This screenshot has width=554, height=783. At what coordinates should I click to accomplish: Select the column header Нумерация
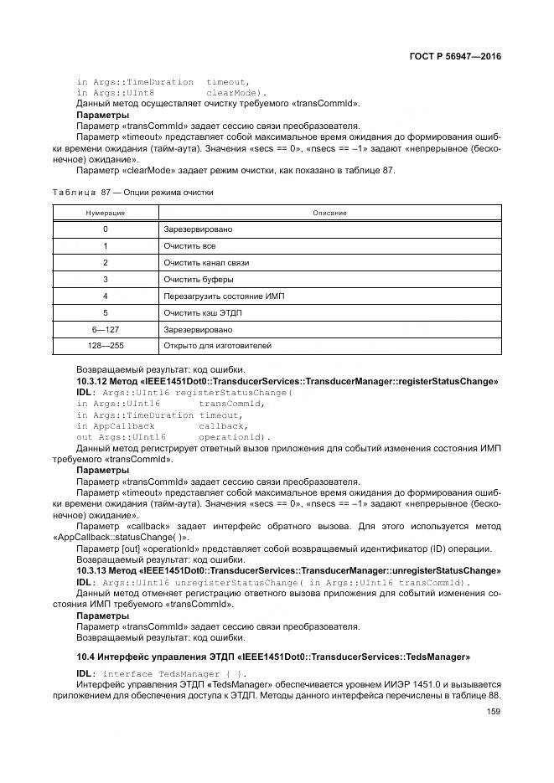[x=106, y=213]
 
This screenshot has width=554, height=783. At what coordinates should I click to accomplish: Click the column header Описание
[x=329, y=213]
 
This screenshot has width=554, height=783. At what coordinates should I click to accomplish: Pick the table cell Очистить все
[x=189, y=245]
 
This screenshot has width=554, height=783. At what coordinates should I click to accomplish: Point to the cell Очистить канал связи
[x=206, y=262]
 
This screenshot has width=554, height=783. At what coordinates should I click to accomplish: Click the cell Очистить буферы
[x=199, y=279]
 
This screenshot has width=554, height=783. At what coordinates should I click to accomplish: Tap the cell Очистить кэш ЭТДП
[x=204, y=312]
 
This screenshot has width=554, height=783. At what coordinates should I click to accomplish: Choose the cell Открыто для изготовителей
[x=217, y=345]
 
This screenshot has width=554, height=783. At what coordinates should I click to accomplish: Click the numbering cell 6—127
[x=106, y=328]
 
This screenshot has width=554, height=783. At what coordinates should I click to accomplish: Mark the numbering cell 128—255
[x=106, y=345]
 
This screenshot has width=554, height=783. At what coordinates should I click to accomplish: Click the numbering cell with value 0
[x=106, y=229]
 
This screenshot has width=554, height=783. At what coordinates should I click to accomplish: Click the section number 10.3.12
[x=92, y=381]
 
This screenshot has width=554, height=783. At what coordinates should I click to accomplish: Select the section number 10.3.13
[x=92, y=570]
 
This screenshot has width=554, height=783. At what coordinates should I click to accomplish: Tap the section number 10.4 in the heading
[x=85, y=656]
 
